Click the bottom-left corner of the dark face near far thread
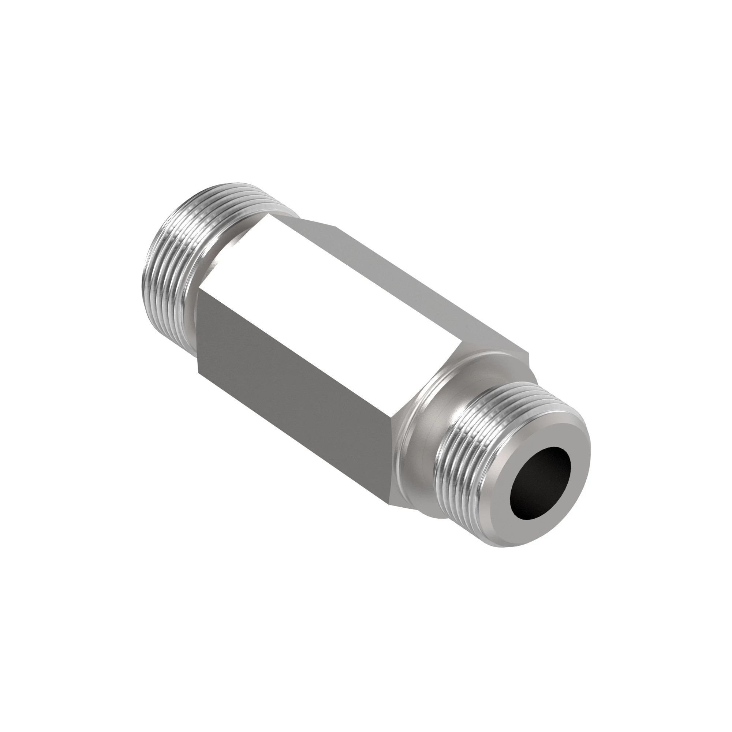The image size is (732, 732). coord(198,370)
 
